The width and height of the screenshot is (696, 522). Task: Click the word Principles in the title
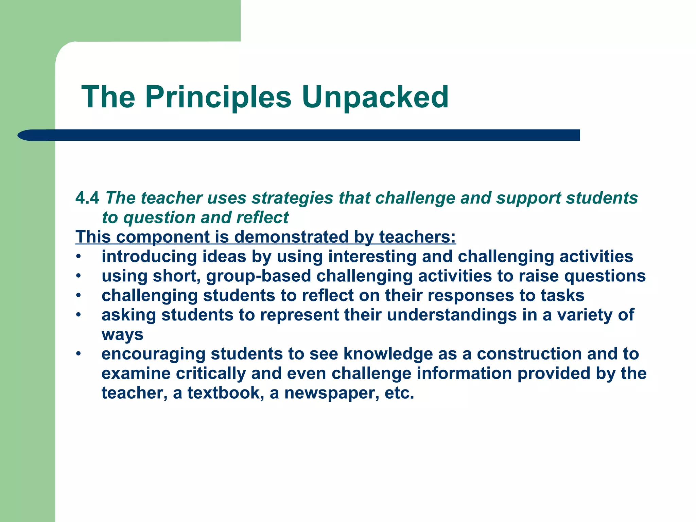pos(218,98)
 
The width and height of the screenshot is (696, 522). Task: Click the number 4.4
pos(87,198)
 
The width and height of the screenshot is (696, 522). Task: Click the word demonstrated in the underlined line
pos(291,237)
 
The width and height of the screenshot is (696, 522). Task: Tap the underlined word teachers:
pos(417,237)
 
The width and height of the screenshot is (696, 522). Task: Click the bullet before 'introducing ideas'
pos(79,257)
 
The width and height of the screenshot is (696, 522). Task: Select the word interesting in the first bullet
pos(372,257)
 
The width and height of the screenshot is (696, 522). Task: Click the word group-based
pos(258,276)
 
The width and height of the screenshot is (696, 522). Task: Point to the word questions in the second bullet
pos(605,276)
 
